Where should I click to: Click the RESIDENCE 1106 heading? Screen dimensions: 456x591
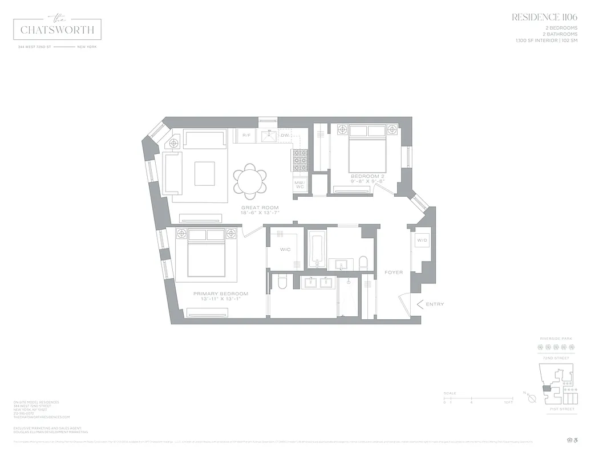click(544, 17)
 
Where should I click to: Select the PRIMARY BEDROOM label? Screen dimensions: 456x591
click(224, 294)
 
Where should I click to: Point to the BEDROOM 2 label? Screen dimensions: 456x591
click(367, 177)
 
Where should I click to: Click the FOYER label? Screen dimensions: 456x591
click(394, 272)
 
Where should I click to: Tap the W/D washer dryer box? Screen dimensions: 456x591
click(422, 241)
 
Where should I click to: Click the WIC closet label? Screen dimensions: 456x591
click(285, 250)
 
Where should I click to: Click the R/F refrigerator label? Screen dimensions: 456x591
click(246, 135)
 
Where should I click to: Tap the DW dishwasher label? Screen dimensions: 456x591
click(285, 135)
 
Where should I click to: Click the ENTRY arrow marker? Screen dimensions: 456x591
click(422, 304)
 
